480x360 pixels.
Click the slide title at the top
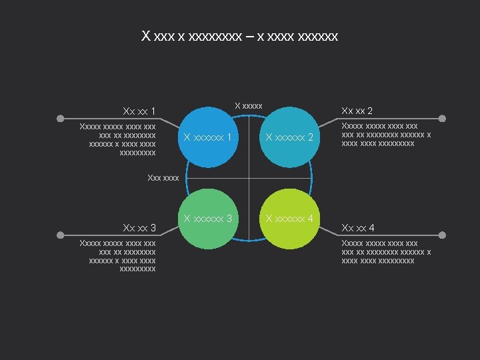240,35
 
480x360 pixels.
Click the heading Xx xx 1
139,111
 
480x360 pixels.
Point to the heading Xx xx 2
357,111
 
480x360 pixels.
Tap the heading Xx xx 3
139,229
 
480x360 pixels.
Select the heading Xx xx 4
357,229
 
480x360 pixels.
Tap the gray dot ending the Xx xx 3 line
60,235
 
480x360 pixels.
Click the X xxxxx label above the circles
248,105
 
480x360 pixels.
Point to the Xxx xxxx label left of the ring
163,177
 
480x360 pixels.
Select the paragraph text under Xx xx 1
117,139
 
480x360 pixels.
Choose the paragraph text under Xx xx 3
117,257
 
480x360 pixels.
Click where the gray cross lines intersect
249,178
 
